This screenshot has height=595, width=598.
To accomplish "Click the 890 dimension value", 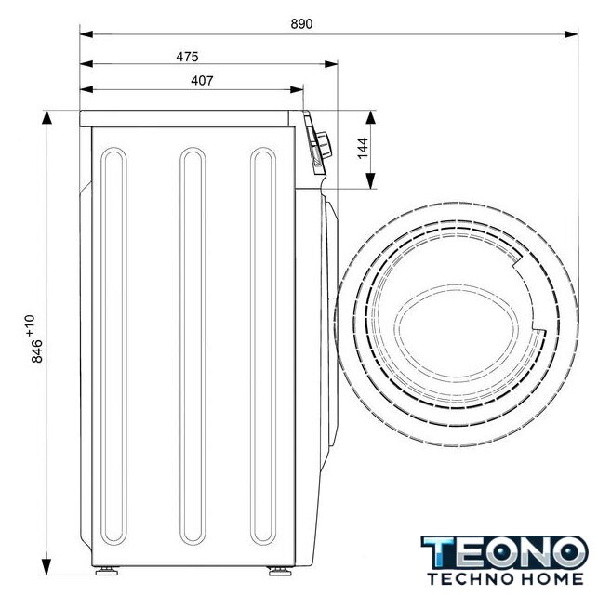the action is click(301, 23).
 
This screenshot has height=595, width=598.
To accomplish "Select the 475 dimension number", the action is click(187, 57).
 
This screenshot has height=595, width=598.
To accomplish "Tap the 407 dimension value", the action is click(202, 81).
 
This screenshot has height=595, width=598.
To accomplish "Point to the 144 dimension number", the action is click(363, 148).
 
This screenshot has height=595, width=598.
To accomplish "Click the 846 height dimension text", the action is click(37, 350).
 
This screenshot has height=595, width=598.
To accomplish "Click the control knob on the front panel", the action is click(325, 145).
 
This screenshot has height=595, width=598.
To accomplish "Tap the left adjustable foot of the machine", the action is click(106, 571).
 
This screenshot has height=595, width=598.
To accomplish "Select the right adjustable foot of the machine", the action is click(280, 571).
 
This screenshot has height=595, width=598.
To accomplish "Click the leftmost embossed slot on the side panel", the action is click(113, 346).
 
